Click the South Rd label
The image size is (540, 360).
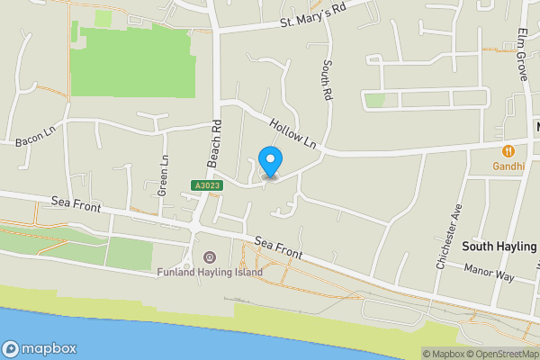pyautogui.click(x=327, y=79)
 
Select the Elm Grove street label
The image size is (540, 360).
pyautogui.click(x=521, y=53)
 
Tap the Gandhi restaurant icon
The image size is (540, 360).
pyautogui.click(x=508, y=151)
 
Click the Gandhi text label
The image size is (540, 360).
pyautogui.click(x=508, y=166)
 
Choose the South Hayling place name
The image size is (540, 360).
pyautogui.click(x=499, y=246)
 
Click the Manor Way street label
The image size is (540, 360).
pyautogui.click(x=489, y=273)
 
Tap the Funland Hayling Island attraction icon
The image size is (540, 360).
pyautogui.click(x=210, y=258)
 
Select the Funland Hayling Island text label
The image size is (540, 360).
pyautogui.click(x=210, y=273)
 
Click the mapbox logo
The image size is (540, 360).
pyautogui.click(x=40, y=348)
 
